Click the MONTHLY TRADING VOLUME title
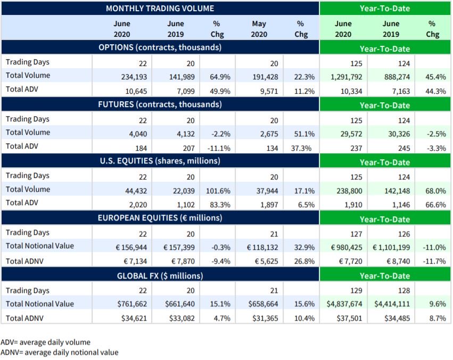pos(160,8)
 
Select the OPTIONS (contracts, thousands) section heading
pos(160,47)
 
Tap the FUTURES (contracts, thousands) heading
pos(160,104)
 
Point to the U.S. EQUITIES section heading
pos(160,160)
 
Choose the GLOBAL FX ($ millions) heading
pos(160,275)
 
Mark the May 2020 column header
pos(260,29)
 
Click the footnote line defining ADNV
pos(60,352)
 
